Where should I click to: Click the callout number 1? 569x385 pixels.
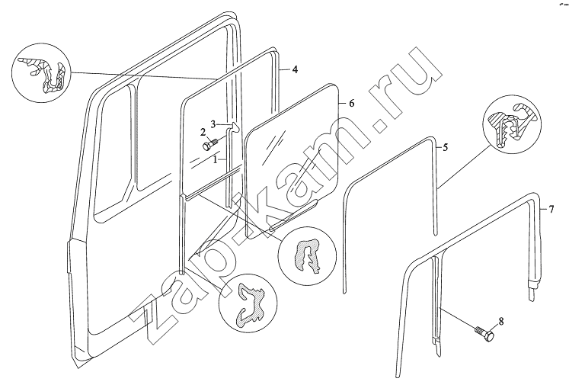216,159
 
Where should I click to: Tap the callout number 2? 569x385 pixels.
203,132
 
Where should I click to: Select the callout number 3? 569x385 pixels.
213,124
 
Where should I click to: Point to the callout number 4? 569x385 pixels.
295,69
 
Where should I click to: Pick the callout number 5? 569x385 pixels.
446,147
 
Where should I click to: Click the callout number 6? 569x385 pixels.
351,103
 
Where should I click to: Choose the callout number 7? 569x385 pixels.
551,209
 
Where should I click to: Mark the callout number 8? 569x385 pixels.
500,321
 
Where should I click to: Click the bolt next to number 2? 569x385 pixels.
209,144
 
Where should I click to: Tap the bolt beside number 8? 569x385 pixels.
484,333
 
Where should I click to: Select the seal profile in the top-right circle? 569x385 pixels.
510,124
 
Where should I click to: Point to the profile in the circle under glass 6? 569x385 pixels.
308,255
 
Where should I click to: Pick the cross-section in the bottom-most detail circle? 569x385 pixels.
251,302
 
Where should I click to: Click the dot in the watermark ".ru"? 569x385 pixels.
381,126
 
